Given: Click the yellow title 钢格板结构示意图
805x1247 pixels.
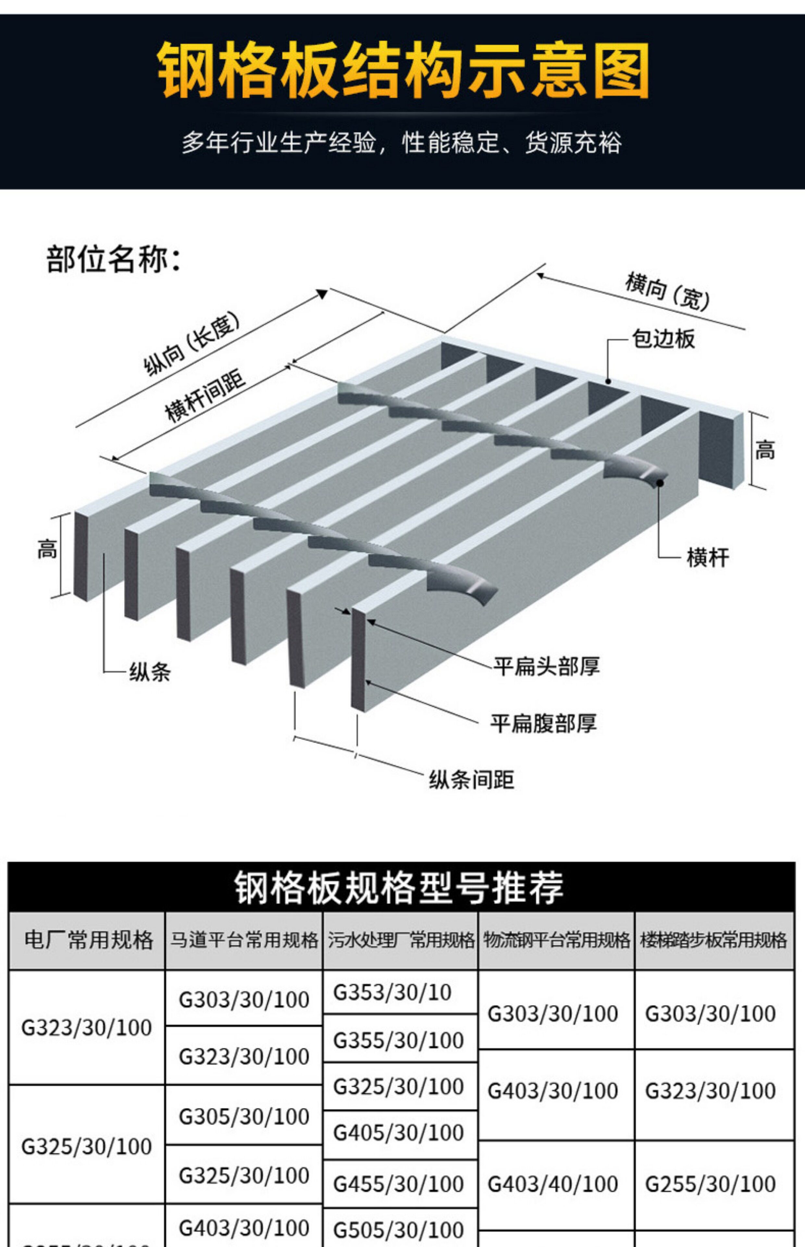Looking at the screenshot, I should click(402, 70).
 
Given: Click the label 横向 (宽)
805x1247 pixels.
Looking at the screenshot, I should click(667, 291).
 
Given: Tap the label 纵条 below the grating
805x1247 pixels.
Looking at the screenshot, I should click(150, 672).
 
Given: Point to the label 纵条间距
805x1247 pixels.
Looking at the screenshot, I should click(472, 780).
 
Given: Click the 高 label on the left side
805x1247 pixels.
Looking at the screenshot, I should click(47, 549).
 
